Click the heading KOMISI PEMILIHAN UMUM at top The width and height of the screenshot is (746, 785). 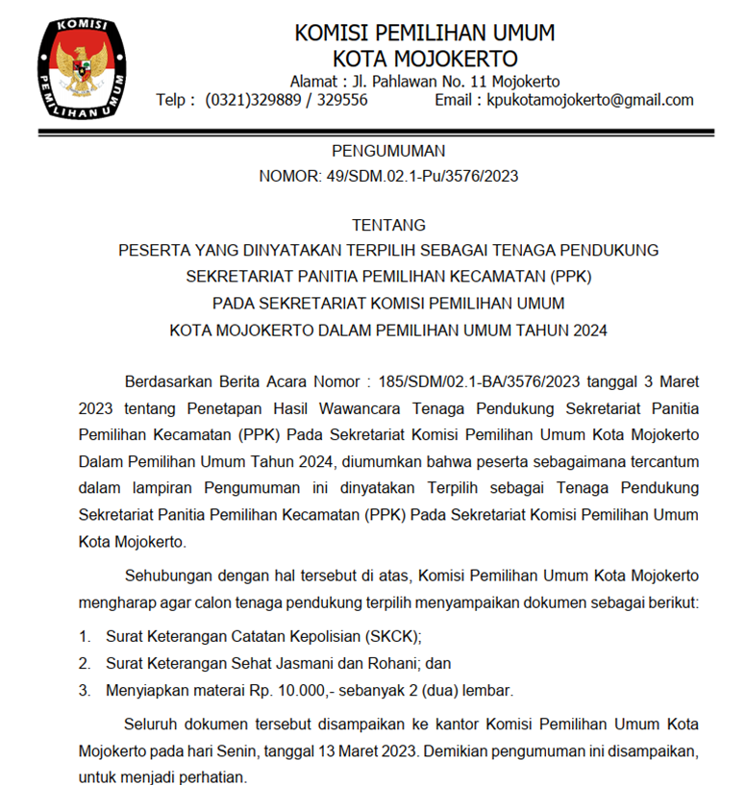point(424,33)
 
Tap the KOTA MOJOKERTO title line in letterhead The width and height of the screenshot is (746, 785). point(424,59)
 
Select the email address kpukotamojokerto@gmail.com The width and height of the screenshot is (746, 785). point(590,100)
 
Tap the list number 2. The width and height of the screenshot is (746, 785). point(84,663)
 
